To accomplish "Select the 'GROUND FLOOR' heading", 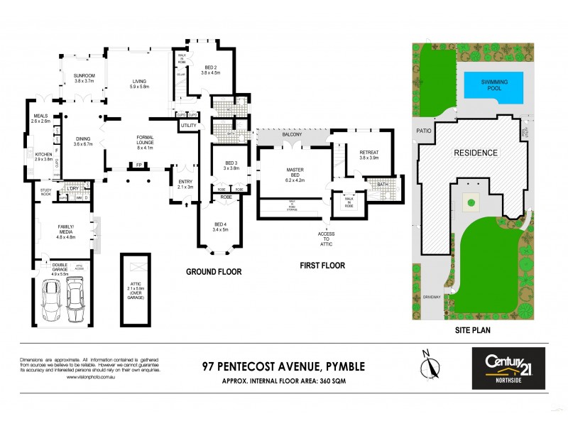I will tap(214, 271).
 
